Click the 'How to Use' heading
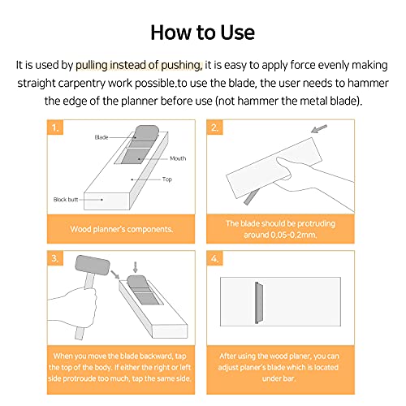click(x=202, y=32)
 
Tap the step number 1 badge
click(x=55, y=127)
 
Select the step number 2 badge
click(x=214, y=127)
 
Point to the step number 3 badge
click(x=55, y=258)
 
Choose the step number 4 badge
click(x=214, y=258)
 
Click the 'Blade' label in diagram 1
click(x=101, y=137)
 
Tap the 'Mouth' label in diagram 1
click(x=178, y=158)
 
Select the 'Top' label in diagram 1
click(x=167, y=179)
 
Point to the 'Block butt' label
click(x=66, y=200)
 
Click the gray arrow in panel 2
click(x=319, y=128)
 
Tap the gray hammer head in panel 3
click(x=93, y=265)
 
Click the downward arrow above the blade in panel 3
click(x=136, y=267)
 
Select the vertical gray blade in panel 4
click(x=259, y=303)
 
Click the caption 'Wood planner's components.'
click(x=122, y=229)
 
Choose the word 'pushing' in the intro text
click(x=181, y=66)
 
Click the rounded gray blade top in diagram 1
click(x=146, y=132)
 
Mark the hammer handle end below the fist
click(x=80, y=333)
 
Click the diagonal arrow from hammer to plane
click(x=115, y=274)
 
